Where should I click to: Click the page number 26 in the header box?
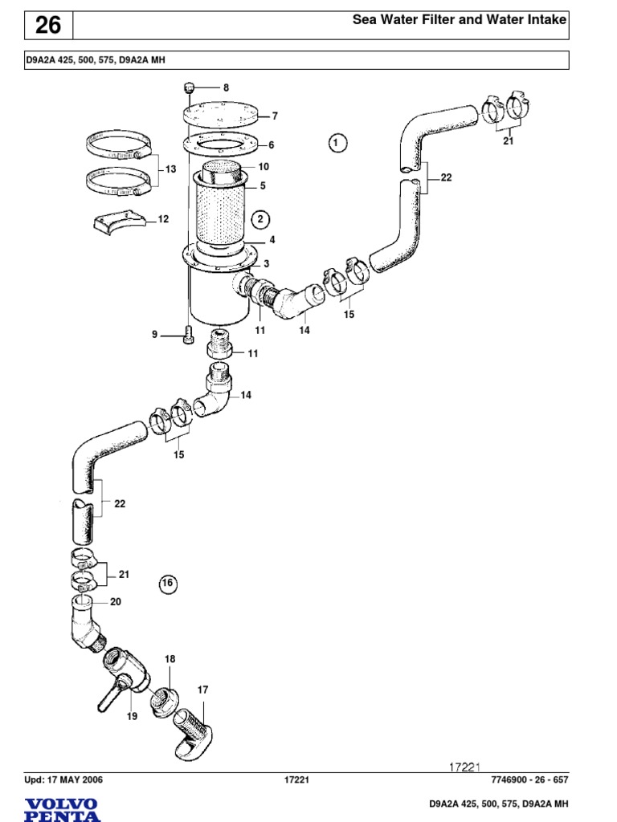click(47, 26)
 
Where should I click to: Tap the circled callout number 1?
click(337, 143)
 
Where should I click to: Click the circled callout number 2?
click(259, 218)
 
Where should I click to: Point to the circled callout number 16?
click(167, 584)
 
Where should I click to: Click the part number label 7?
click(274, 116)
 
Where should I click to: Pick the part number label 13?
click(170, 169)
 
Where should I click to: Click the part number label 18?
click(170, 658)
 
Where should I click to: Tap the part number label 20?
click(115, 601)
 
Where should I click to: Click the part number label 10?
click(264, 167)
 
